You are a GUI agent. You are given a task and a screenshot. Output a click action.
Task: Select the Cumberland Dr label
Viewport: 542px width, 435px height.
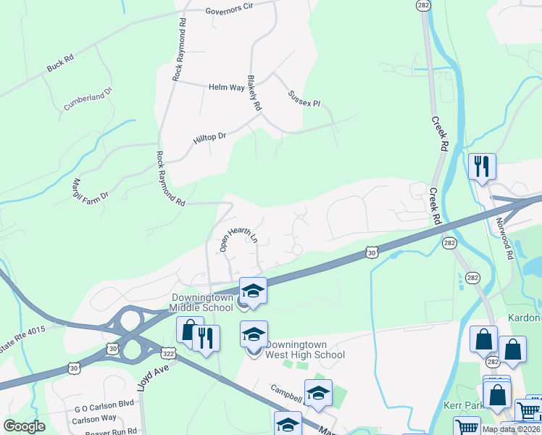pyautogui.click(x=88, y=99)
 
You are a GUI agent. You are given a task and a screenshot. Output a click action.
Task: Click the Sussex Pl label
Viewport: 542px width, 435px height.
pyautogui.click(x=304, y=99)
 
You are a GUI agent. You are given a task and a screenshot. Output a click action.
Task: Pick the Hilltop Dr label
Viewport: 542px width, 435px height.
pyautogui.click(x=210, y=136)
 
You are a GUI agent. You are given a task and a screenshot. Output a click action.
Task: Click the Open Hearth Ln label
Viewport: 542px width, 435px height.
pyautogui.click(x=239, y=239)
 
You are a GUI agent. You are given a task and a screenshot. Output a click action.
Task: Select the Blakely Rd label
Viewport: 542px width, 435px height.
pyautogui.click(x=254, y=93)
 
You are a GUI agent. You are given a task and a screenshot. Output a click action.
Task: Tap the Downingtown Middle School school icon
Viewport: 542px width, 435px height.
pyautogui.click(x=253, y=290)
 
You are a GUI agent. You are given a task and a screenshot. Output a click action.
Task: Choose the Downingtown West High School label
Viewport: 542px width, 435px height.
pyautogui.click(x=304, y=349)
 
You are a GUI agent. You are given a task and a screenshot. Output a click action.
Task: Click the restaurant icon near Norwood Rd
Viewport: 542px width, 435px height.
pyautogui.click(x=481, y=166)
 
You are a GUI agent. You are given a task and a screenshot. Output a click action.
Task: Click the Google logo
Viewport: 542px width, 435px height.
pyautogui.click(x=24, y=426)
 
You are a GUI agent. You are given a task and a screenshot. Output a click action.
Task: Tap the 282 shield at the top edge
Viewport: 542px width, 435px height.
pyautogui.click(x=422, y=4)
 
